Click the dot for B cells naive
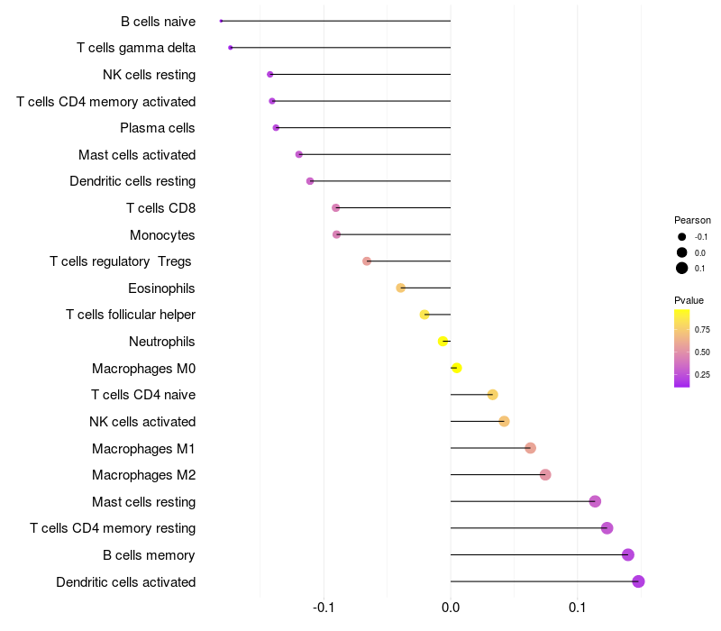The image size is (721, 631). pyautogui.click(x=221, y=21)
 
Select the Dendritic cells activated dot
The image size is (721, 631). pyautogui.click(x=638, y=581)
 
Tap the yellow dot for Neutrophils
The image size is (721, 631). pyautogui.click(x=443, y=342)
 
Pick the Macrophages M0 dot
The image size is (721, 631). pyautogui.click(x=456, y=368)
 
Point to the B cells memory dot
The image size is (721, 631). pyautogui.click(x=628, y=555)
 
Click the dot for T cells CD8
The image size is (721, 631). pyautogui.click(x=336, y=208)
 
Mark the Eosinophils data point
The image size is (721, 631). pyautogui.click(x=401, y=288)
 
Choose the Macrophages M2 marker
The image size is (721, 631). pyautogui.click(x=545, y=475)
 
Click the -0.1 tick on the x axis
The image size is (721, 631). pyautogui.click(x=324, y=608)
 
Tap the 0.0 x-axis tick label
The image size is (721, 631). pyautogui.click(x=451, y=608)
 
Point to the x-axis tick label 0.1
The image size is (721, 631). pyautogui.click(x=577, y=608)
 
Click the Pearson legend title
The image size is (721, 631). pyautogui.click(x=692, y=220)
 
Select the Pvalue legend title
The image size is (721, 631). pyautogui.click(x=689, y=300)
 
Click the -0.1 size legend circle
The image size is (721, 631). pyautogui.click(x=682, y=237)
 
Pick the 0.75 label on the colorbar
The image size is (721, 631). pyautogui.click(x=703, y=330)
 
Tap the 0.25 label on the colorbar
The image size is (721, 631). pyautogui.click(x=703, y=374)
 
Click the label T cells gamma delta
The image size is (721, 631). pyautogui.click(x=136, y=48)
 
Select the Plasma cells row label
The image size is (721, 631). pyautogui.click(x=158, y=128)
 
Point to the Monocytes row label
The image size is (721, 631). pyautogui.click(x=162, y=235)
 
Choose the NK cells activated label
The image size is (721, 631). pyautogui.click(x=142, y=422)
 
